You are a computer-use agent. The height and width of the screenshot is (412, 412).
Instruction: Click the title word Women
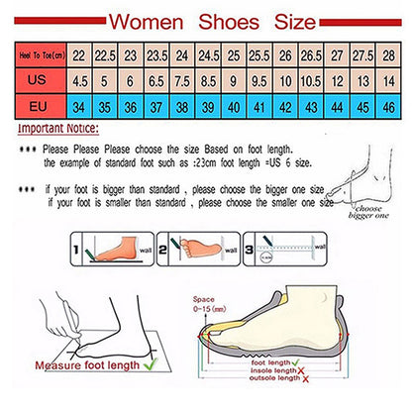(148, 22)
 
